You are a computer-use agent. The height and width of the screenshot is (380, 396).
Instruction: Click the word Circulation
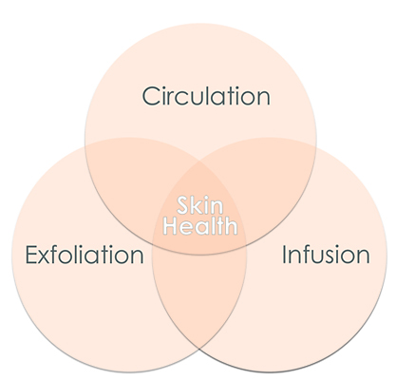point(206,96)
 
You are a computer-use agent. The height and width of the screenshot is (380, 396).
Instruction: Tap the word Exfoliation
point(85,255)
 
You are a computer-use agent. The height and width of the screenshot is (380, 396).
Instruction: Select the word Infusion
point(326,255)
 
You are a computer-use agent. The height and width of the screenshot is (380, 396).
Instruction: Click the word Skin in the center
point(200,205)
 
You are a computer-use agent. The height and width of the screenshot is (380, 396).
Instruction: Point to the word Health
point(200,225)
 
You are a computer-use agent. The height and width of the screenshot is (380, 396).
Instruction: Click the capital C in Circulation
point(151,96)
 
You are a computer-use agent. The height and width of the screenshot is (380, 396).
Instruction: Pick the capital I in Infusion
point(284,255)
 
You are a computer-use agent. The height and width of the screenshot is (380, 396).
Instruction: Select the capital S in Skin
point(183,205)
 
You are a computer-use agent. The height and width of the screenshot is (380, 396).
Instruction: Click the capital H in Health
point(170,226)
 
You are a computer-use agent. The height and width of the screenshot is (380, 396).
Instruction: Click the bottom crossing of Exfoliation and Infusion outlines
point(199,349)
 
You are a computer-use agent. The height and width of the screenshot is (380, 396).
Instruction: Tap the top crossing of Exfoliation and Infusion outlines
point(199,161)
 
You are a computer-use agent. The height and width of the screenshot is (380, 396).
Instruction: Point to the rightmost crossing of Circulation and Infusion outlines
point(316,145)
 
